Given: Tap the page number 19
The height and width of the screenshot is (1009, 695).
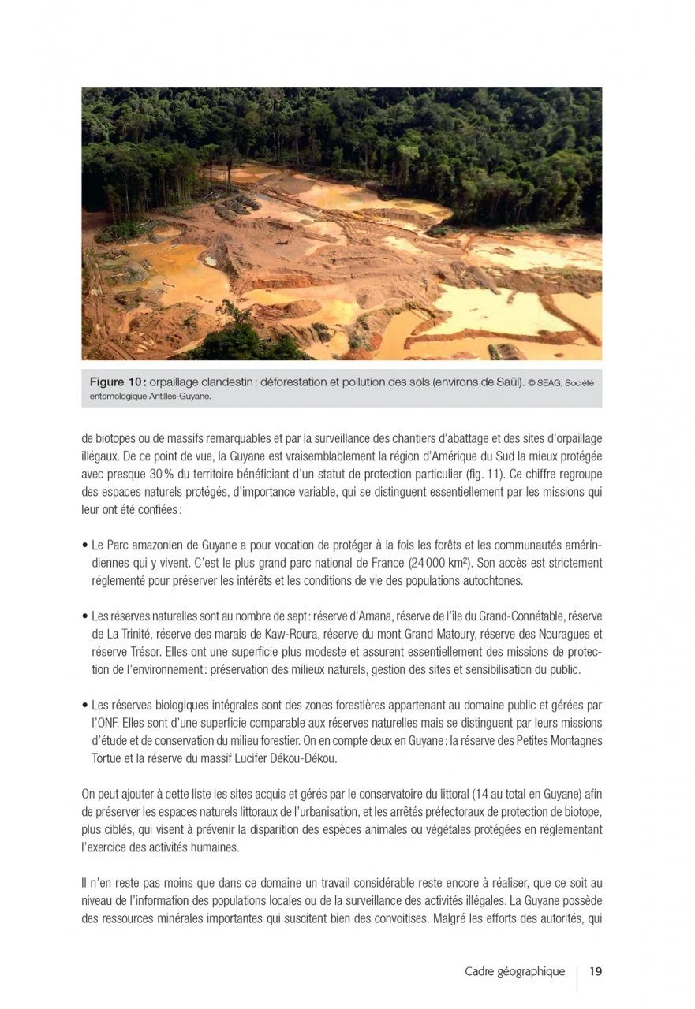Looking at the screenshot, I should point(596,971).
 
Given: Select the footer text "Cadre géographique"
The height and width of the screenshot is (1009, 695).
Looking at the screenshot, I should point(515,971).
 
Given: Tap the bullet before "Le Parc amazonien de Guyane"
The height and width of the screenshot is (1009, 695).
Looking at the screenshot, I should point(84,546).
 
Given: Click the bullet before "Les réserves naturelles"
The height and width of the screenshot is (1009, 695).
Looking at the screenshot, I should point(84,616).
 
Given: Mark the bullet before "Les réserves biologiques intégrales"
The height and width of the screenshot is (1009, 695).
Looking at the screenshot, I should point(84,704).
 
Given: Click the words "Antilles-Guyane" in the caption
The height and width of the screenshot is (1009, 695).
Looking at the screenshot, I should point(177,397).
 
